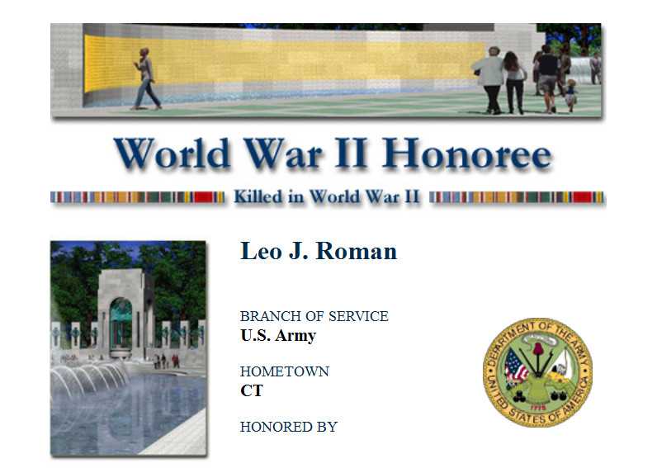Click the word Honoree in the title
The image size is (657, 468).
466,154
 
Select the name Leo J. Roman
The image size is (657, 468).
319,251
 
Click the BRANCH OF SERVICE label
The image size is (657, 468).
314,316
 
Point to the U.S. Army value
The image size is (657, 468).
278,335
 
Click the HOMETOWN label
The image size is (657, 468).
285,371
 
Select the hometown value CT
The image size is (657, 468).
252,390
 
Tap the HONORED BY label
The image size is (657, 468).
289,427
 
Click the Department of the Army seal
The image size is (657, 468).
537,372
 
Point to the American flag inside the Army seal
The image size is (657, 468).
516,366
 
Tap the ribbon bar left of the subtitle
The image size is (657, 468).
138,197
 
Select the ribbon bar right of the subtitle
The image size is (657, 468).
517,197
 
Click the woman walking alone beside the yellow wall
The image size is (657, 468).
146,78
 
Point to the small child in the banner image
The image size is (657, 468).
570,96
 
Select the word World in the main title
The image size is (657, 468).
173,154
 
